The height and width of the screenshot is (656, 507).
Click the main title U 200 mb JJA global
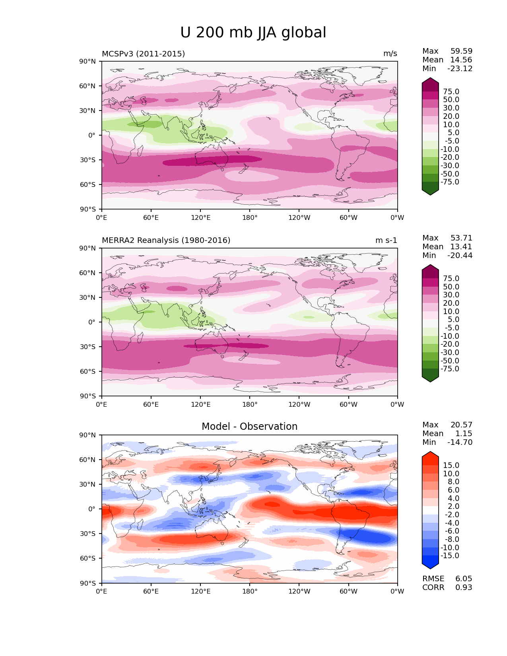pyautogui.click(x=253, y=33)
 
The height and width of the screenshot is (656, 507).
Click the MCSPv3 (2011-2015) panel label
pyautogui.click(x=143, y=54)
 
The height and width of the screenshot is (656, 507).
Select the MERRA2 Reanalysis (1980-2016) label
pyautogui.click(x=166, y=241)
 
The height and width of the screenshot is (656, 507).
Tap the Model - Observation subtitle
pyautogui.click(x=249, y=427)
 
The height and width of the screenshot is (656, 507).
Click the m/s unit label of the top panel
pyautogui.click(x=390, y=54)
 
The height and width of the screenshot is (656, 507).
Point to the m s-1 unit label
pyautogui.click(x=386, y=241)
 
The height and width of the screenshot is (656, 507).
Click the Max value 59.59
pyautogui.click(x=461, y=51)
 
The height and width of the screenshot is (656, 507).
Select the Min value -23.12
pyautogui.click(x=460, y=69)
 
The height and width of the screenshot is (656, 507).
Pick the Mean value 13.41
pyautogui.click(x=461, y=247)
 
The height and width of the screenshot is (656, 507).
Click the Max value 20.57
pyautogui.click(x=461, y=425)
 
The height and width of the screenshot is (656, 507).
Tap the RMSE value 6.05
pyautogui.click(x=464, y=579)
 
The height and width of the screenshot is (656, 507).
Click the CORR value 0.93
pyautogui.click(x=464, y=588)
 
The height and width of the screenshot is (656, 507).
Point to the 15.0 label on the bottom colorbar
pyautogui.click(x=451, y=466)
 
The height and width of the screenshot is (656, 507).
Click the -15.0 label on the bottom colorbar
pyautogui.click(x=450, y=556)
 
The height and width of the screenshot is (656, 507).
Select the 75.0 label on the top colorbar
pyautogui.click(x=451, y=92)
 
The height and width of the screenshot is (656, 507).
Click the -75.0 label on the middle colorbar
pyautogui.click(x=450, y=369)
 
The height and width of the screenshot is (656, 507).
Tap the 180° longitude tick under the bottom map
pyautogui.click(x=250, y=592)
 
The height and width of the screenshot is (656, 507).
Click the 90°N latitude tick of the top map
pyautogui.click(x=87, y=62)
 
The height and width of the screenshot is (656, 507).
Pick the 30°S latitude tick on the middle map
pyautogui.click(x=87, y=347)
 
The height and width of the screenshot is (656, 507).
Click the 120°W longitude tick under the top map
pyautogui.click(x=299, y=218)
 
